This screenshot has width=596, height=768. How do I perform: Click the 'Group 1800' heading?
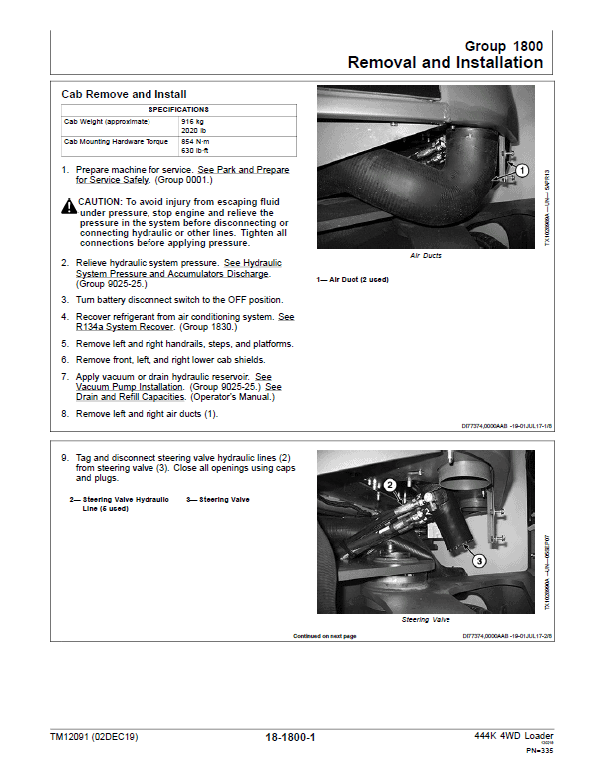[504, 46]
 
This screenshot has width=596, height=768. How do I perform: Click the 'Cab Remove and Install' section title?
[124, 94]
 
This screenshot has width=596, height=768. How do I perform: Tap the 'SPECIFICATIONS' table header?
[178, 108]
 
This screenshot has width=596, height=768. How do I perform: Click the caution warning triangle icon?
[69, 203]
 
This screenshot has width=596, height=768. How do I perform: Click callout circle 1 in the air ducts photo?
[521, 172]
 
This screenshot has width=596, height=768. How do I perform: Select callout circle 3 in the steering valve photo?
[479, 561]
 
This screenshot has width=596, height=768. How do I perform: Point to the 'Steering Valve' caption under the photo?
[428, 620]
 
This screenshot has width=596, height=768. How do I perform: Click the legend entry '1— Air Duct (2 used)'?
[352, 279]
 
